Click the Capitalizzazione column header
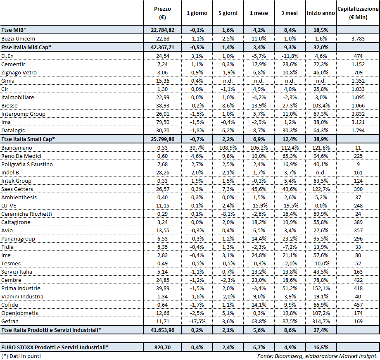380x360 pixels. [x=358, y=13]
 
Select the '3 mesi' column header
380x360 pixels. [x=290, y=13]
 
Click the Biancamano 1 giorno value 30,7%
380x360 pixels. [x=197, y=148]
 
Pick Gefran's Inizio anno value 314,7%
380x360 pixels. [x=321, y=321]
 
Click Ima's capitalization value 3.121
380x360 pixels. [x=358, y=122]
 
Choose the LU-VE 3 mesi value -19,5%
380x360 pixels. [x=290, y=205]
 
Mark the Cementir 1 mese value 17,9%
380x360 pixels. [x=259, y=64]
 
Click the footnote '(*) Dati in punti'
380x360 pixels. [x=21, y=356]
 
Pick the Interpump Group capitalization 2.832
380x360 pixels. [x=358, y=114]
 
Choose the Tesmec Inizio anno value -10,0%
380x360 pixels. [x=321, y=263]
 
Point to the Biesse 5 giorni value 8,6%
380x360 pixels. [x=228, y=105]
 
